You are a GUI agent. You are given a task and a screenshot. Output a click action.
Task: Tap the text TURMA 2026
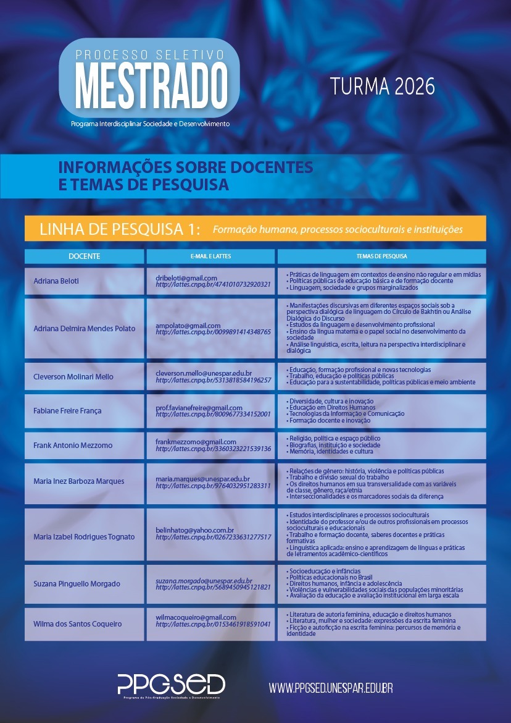point(382,87)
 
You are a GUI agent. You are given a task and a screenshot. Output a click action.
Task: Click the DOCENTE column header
point(85,256)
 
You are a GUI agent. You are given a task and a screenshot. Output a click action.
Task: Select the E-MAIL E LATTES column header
point(211,256)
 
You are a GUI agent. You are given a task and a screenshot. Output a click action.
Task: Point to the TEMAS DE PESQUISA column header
point(381,256)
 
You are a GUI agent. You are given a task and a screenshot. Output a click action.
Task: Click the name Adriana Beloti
point(56,281)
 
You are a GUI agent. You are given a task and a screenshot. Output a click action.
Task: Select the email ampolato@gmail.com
point(188,325)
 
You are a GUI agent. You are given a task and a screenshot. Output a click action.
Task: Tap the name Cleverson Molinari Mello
point(73,376)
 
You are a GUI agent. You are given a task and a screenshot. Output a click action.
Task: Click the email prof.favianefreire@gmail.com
point(199,408)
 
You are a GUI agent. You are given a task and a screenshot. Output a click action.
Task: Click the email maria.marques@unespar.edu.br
point(202,478)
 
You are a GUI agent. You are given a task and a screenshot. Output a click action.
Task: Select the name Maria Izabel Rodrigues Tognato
point(84,536)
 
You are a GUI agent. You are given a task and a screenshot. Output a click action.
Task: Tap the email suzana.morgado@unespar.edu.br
point(204,580)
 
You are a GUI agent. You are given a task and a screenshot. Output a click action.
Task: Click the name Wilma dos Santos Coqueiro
point(78,624)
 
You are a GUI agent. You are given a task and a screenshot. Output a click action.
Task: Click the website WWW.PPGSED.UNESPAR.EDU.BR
point(331,687)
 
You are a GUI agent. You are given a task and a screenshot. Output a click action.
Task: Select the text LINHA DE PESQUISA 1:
point(120,229)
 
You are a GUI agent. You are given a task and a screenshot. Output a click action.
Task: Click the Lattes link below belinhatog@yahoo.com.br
point(213,537)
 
